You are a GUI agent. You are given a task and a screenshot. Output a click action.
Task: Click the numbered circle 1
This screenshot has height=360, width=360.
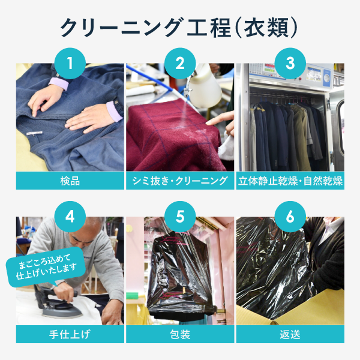70,64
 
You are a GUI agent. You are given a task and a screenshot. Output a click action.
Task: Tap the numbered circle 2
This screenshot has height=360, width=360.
180,64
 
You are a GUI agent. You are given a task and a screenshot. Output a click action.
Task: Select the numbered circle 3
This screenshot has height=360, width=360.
290,64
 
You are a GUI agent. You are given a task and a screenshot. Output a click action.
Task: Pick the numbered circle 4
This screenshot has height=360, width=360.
70,217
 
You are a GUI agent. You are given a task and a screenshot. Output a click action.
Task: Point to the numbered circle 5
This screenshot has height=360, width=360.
180,217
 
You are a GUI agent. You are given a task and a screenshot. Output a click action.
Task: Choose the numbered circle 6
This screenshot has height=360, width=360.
290,217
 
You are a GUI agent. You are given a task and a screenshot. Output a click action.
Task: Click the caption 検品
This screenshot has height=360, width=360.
70,181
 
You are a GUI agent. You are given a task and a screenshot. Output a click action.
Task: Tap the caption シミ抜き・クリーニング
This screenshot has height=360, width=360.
180,181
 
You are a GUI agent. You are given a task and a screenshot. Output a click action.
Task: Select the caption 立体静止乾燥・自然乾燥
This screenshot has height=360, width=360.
290,181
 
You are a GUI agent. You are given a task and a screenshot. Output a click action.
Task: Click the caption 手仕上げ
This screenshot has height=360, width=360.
70,334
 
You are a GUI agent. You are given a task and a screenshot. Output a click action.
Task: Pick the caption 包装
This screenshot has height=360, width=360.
180,334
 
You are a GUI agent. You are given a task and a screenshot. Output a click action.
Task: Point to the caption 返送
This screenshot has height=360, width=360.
290,334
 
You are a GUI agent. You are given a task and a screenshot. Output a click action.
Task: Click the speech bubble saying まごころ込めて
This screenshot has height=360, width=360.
46,267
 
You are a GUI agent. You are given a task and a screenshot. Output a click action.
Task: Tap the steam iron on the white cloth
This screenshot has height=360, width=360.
58,303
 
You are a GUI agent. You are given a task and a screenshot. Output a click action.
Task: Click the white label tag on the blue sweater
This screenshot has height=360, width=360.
34,133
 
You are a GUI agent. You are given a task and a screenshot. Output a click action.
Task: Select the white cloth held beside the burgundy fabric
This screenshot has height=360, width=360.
226,147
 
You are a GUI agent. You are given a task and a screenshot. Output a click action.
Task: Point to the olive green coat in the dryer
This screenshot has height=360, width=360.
301,136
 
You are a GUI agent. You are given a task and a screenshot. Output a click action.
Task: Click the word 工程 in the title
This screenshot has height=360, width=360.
209,28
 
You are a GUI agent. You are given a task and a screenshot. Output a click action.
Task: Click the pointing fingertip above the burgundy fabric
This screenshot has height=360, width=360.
208,123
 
